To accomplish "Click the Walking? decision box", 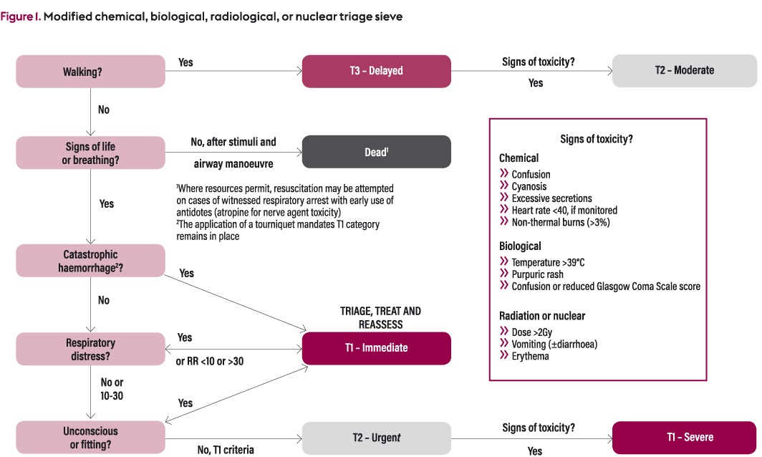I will click(90, 72).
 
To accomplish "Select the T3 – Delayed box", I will click(376, 71).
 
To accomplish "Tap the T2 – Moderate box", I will click(684, 70).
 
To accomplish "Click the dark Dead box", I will click(376, 152).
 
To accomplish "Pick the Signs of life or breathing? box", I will click(90, 153).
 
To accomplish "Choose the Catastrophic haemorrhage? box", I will click(90, 261).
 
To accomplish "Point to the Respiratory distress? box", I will click(90, 349).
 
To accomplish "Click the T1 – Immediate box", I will click(376, 348).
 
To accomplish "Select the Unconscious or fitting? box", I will click(90, 437).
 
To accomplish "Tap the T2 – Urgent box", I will click(376, 438).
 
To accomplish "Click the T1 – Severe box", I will click(684, 437).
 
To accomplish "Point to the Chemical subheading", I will click(519, 158).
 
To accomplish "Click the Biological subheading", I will click(520, 246).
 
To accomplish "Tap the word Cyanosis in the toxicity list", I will click(529, 186).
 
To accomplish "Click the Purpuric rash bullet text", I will click(537, 274).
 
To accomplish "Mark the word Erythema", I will click(530, 356).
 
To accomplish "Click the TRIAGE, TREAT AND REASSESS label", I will click(380, 318).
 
